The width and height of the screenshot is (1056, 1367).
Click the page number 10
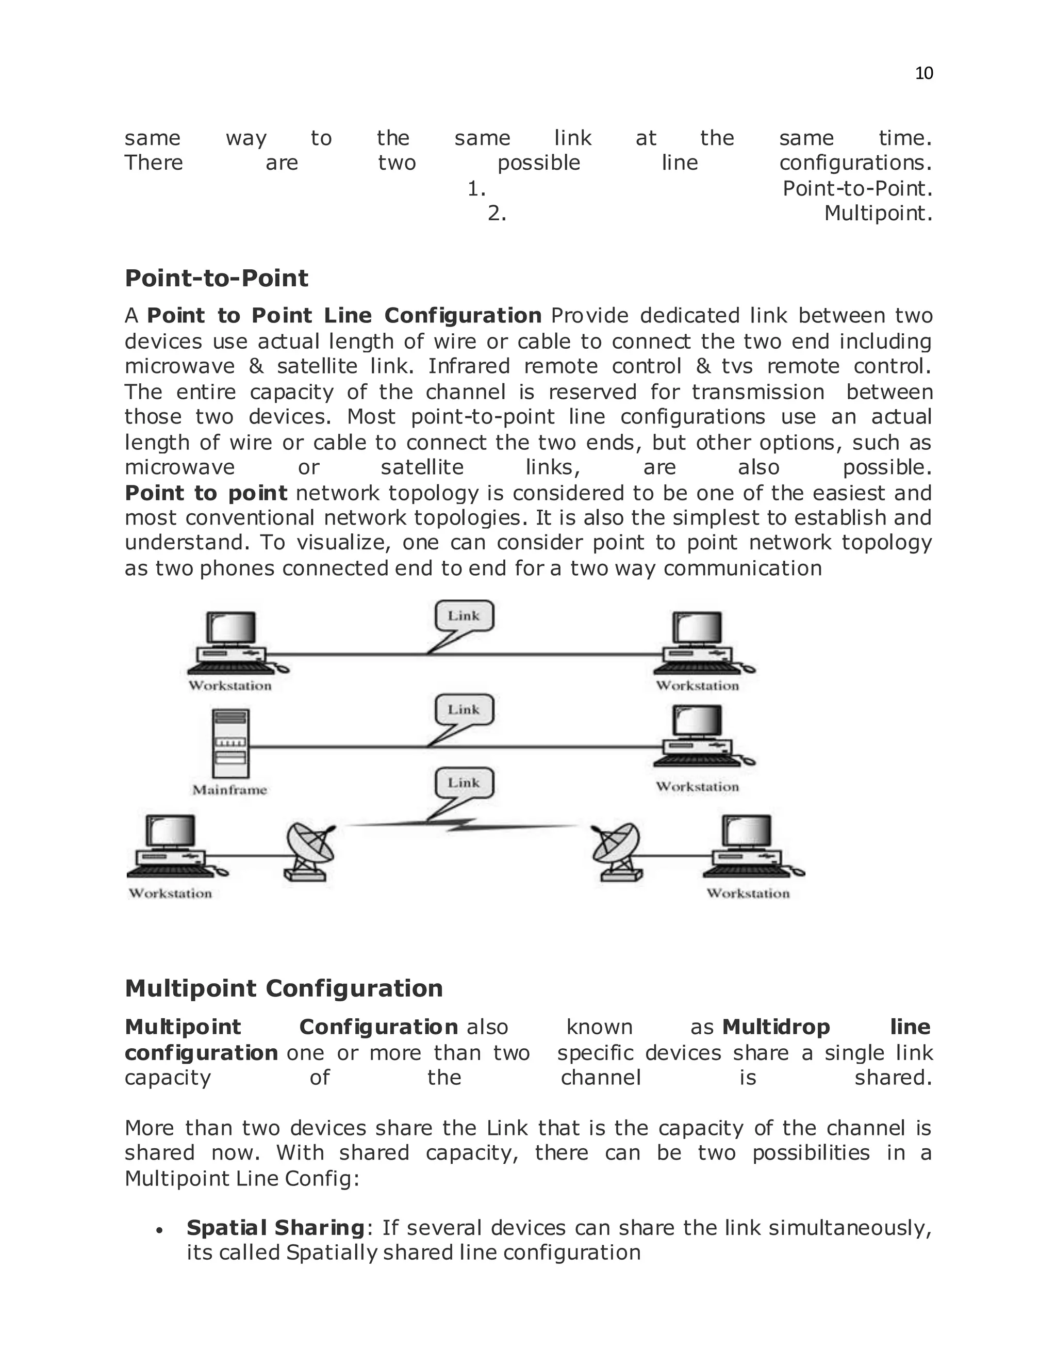[x=923, y=74]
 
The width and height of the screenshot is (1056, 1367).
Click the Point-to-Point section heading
[x=217, y=278]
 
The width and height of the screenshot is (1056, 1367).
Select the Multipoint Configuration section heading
[x=284, y=988]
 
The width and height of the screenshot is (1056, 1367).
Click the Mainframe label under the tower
[x=229, y=790]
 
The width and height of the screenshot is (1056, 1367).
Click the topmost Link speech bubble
[x=464, y=616]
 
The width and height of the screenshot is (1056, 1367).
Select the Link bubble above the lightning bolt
[x=464, y=783]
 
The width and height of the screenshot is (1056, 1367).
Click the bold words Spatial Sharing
[x=275, y=1227]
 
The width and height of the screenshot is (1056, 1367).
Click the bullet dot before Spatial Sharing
[x=160, y=1230]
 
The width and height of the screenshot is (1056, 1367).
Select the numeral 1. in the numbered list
[x=477, y=188]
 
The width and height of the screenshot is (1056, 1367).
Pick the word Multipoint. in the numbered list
[x=878, y=214]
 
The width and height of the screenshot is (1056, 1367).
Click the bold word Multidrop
[x=775, y=1027]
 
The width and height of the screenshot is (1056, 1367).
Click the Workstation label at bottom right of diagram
[x=748, y=893]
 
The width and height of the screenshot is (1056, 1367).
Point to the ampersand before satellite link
[x=256, y=366]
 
